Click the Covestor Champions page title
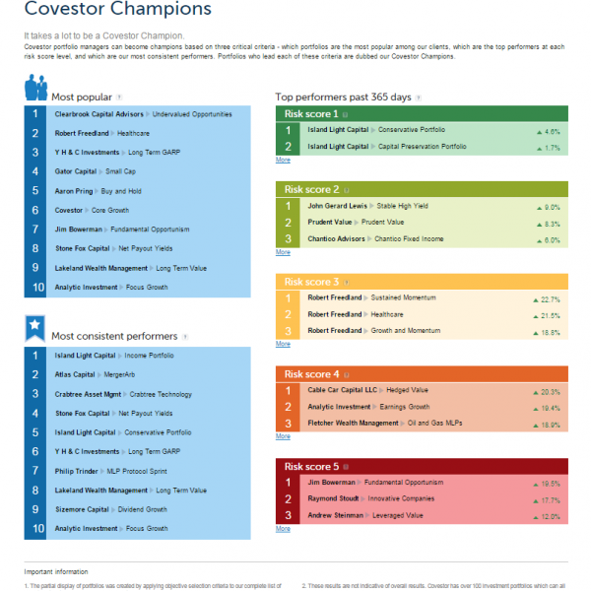(117, 11)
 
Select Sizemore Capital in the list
(82, 509)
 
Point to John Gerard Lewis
(336, 207)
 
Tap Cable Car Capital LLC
(342, 391)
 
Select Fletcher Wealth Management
(353, 424)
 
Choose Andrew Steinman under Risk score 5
(335, 515)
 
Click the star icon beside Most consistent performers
(34, 328)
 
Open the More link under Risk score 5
(283, 529)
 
